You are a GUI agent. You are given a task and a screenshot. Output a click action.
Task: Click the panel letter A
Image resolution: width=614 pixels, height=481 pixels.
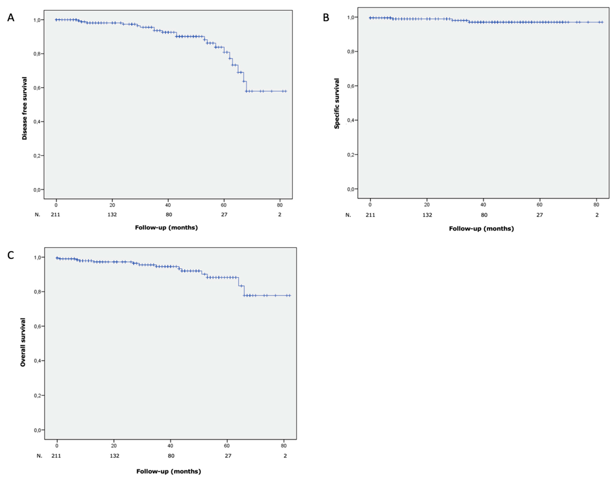[x=11, y=18]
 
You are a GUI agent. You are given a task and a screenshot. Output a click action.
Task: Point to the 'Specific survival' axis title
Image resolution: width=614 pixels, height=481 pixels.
[x=337, y=104]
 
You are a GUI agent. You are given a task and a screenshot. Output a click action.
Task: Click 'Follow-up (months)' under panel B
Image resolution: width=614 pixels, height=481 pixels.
[x=481, y=229]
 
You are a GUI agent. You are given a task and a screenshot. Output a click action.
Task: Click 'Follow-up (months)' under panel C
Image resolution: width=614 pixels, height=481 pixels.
[x=169, y=471]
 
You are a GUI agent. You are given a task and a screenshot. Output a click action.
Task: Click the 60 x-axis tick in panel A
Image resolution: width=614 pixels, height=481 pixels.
[x=224, y=205]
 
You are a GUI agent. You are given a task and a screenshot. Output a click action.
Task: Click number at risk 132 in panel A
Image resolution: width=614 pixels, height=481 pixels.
[x=112, y=215]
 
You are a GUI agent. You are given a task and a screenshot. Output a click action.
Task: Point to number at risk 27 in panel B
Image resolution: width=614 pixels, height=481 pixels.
[x=539, y=215]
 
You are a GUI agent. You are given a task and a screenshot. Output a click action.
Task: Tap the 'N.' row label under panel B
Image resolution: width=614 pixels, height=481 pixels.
[x=348, y=215]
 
